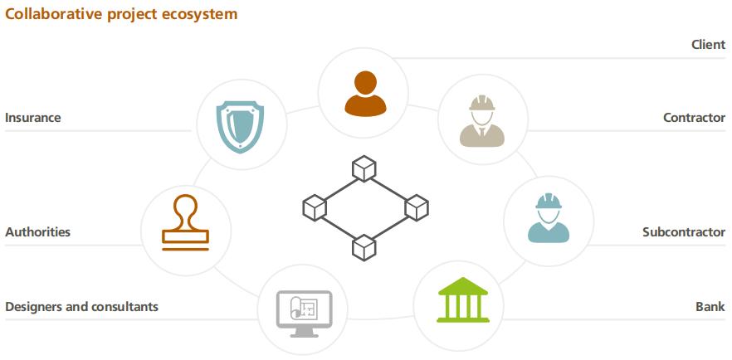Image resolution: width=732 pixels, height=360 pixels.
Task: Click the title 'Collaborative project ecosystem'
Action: [x=121, y=14]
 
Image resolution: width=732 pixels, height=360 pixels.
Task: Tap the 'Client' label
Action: [x=708, y=45]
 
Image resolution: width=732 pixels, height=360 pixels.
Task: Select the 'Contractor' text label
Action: [x=694, y=118]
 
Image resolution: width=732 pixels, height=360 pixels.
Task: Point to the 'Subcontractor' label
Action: [x=683, y=232]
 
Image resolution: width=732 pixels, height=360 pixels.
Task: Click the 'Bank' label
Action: [x=710, y=307]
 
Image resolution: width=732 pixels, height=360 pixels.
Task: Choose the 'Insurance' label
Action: [x=33, y=118]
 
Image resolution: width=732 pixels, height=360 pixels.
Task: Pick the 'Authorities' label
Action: [x=37, y=232]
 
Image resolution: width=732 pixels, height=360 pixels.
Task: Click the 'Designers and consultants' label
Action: [x=81, y=307]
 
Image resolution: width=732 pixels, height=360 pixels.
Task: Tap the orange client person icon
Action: [x=365, y=93]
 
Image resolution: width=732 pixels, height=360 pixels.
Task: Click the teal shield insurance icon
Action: [x=241, y=127]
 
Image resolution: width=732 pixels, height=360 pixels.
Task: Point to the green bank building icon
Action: [x=458, y=300]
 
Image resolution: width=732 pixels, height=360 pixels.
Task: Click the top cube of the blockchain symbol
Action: [x=364, y=169]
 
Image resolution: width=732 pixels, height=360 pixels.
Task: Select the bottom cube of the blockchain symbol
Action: [x=364, y=246]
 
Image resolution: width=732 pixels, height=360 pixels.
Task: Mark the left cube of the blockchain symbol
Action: [x=315, y=207]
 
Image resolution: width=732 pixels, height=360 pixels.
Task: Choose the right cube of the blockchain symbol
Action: [x=415, y=207]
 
